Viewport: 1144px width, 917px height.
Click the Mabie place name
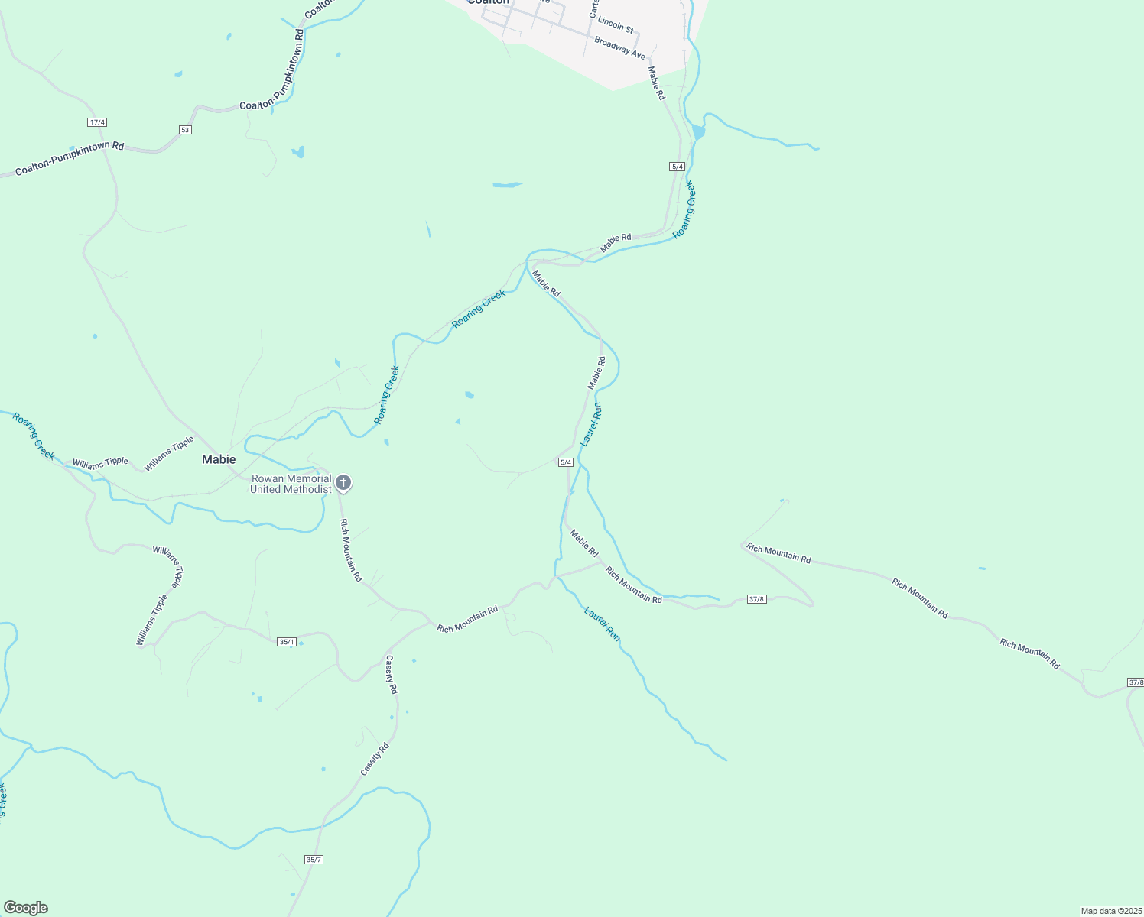click(219, 459)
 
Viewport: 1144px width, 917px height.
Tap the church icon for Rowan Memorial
click(343, 482)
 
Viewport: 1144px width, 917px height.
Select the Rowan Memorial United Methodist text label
click(291, 484)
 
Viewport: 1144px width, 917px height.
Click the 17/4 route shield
click(97, 122)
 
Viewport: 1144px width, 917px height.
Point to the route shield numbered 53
click(185, 130)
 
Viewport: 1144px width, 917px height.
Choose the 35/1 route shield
click(287, 642)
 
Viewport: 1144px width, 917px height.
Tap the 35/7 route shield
click(314, 860)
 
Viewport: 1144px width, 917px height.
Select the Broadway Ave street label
click(620, 48)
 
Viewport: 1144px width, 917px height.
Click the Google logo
click(25, 908)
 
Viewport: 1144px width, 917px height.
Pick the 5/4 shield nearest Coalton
click(677, 167)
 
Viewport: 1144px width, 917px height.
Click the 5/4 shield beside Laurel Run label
click(566, 462)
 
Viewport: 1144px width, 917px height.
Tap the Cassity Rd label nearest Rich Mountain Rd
click(392, 674)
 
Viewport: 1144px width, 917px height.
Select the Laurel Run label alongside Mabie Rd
click(592, 424)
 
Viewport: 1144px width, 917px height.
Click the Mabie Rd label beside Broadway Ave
click(657, 83)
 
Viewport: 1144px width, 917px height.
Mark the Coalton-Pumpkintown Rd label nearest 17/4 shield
click(70, 158)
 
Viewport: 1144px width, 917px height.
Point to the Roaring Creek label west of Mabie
click(34, 436)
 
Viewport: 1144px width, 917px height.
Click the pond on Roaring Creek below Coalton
click(697, 131)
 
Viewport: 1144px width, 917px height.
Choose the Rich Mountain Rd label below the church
click(351, 550)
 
